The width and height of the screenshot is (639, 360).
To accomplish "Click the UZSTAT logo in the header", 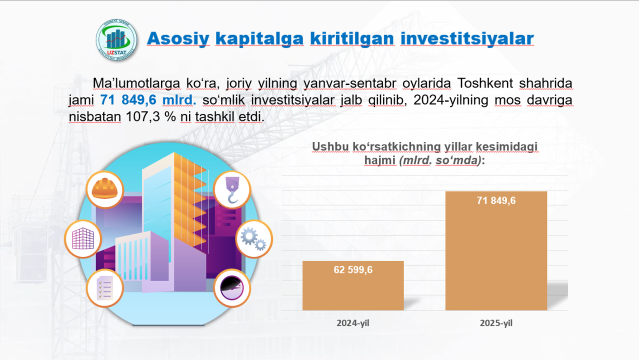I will (x=116, y=38).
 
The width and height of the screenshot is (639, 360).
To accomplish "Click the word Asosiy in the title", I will (x=176, y=38).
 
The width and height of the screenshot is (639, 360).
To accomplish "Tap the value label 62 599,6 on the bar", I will (x=353, y=270).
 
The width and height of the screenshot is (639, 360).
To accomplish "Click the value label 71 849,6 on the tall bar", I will (x=496, y=201).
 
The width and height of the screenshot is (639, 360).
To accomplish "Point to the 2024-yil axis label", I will (x=353, y=323).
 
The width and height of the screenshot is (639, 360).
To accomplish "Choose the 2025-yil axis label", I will (x=496, y=323).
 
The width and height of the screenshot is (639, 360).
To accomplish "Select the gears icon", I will (x=253, y=239).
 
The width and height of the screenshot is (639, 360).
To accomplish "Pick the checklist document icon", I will (x=105, y=288).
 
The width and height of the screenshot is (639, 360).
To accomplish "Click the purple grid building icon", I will (x=83, y=239).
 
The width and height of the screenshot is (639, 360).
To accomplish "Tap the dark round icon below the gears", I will (x=232, y=288).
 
